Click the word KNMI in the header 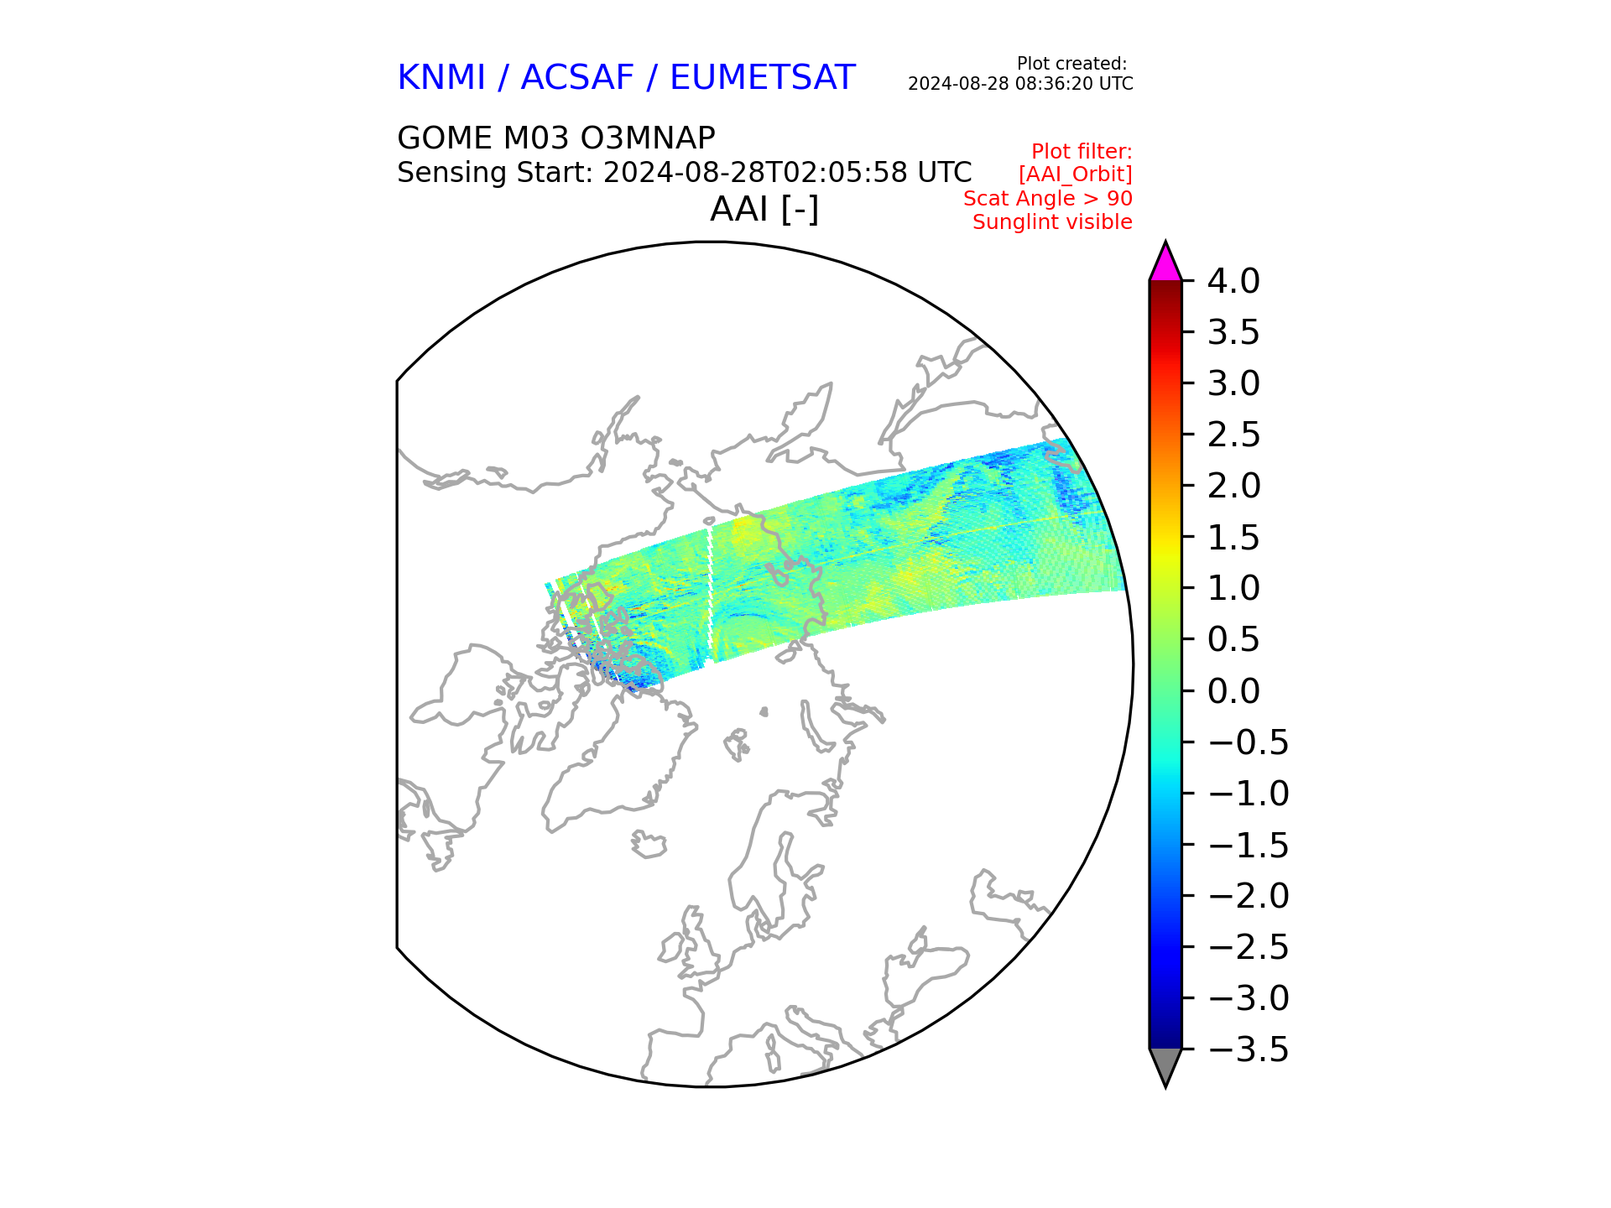(x=441, y=78)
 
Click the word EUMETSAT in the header (x=762, y=78)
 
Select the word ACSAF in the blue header (x=577, y=78)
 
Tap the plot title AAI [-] (x=764, y=209)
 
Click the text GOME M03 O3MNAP (x=555, y=138)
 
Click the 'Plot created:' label (x=1071, y=64)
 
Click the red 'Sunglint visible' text (x=1052, y=222)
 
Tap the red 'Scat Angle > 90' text (x=1047, y=199)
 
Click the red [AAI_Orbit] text (x=1075, y=174)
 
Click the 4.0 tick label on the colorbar (x=1233, y=282)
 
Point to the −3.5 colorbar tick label (x=1248, y=1049)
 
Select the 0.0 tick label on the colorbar (x=1233, y=691)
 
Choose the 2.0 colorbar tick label (x=1233, y=486)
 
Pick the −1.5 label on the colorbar (x=1248, y=845)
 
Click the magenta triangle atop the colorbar (x=1165, y=264)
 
